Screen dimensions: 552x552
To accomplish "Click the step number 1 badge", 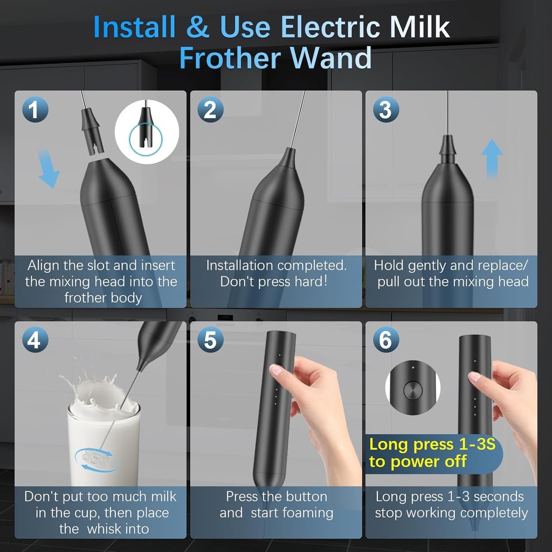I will point(35,111).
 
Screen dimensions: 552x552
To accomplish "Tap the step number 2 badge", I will point(210,111).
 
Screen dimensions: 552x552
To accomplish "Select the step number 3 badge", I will point(385,111).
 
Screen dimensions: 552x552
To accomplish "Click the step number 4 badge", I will point(35,341).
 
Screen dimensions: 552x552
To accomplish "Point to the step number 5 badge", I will point(210,341).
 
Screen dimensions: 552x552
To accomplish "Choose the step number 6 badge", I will point(385,341).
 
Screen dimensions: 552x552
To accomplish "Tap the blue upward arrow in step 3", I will point(492,158).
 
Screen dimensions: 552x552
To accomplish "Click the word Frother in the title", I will point(240,58).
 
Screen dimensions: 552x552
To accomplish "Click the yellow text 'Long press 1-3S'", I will point(432,445).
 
